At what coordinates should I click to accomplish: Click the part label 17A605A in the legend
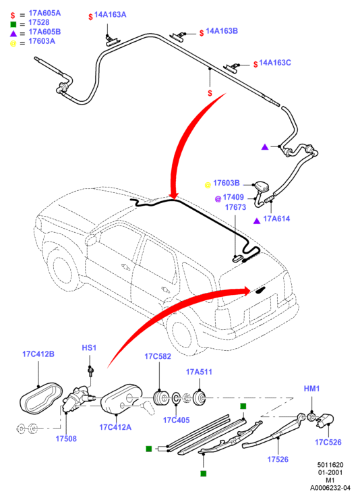tap(44, 13)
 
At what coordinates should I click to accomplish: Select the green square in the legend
tap(13, 24)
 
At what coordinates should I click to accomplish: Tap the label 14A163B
tap(222, 31)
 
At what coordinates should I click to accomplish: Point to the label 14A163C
tap(275, 63)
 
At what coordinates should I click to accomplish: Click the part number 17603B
tap(227, 183)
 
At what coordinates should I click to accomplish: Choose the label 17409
tap(233, 197)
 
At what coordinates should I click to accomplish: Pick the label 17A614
tap(276, 219)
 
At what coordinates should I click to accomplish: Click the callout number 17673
tap(235, 207)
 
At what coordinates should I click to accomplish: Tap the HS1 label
tap(89, 348)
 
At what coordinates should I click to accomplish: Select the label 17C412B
tap(38, 354)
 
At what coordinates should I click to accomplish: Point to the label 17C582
tap(158, 357)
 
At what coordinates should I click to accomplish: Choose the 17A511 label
tap(199, 372)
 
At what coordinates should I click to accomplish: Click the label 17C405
tap(177, 420)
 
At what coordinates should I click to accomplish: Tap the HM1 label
tap(311, 389)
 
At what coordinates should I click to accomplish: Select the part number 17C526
tap(328, 443)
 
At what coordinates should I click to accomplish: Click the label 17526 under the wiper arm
tap(278, 459)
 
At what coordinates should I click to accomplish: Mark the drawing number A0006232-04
tap(330, 489)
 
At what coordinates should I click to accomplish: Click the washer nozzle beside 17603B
tap(261, 187)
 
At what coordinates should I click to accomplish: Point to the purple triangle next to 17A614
tap(257, 221)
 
